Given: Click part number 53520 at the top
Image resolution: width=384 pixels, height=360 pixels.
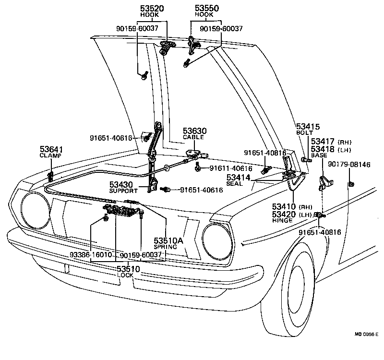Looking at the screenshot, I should (153, 9).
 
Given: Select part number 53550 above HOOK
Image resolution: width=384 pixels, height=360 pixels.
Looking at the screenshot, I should (206, 9).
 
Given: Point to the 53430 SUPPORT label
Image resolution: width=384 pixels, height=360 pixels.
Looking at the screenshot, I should (123, 187).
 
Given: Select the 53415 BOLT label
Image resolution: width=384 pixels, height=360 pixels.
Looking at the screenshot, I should (308, 129).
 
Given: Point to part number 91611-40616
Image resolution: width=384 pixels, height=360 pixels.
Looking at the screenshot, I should (231, 168).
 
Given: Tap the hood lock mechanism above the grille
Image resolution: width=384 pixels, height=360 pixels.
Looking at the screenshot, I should (122, 211).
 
